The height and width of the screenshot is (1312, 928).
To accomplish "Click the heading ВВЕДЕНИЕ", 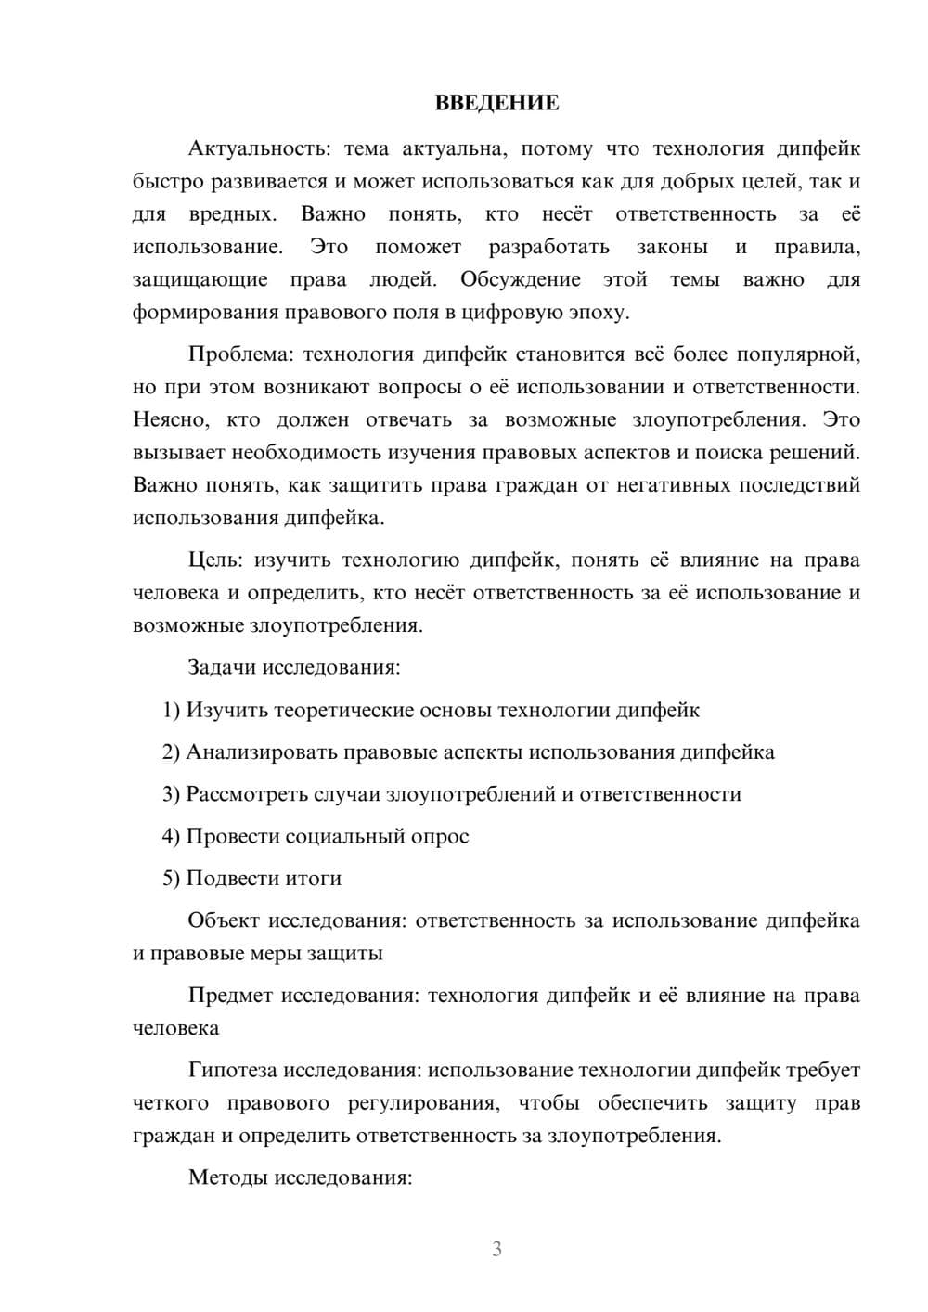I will click(496, 103).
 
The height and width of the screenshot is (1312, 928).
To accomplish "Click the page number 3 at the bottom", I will click(496, 1249).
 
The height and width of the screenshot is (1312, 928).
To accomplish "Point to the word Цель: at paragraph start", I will click(215, 560).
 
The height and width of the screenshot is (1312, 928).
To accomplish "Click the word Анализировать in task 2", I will click(262, 752).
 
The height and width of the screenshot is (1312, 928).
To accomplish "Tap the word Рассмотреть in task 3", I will click(245, 794).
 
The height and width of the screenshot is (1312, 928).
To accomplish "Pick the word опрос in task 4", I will click(441, 837).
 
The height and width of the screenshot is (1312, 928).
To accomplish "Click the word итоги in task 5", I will click(312, 879).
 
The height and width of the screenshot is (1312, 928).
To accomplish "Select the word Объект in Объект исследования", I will click(224, 921).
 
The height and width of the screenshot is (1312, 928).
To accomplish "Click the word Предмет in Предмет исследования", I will click(230, 997).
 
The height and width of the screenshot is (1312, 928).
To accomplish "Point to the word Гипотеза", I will click(232, 1071).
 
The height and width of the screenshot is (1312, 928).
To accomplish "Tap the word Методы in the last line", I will click(226, 1178).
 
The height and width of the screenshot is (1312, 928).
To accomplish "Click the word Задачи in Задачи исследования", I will click(222, 668).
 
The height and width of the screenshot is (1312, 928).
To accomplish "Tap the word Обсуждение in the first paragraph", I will click(520, 280).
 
